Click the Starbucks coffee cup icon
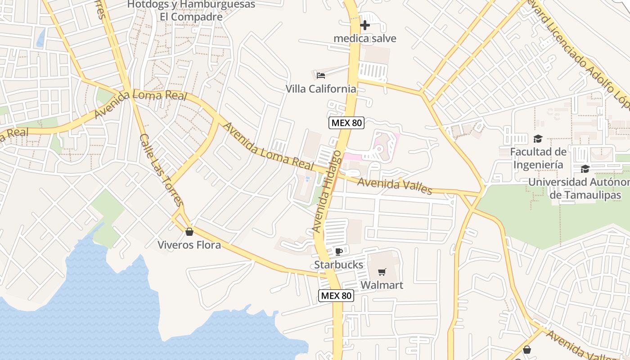(x=339, y=252)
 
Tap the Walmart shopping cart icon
(x=382, y=271)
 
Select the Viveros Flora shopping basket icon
(x=189, y=232)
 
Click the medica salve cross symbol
(x=365, y=25)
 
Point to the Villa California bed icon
(x=321, y=75)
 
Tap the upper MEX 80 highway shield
(x=346, y=123)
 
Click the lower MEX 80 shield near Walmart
(x=336, y=296)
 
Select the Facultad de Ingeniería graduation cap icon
(x=537, y=139)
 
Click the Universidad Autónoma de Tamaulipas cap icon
(x=585, y=169)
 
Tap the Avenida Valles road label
(x=395, y=185)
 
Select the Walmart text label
(x=382, y=285)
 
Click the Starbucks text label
(x=338, y=265)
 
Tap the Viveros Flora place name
(x=189, y=245)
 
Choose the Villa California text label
(x=321, y=89)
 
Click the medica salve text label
(x=365, y=38)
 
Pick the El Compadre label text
(x=191, y=17)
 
